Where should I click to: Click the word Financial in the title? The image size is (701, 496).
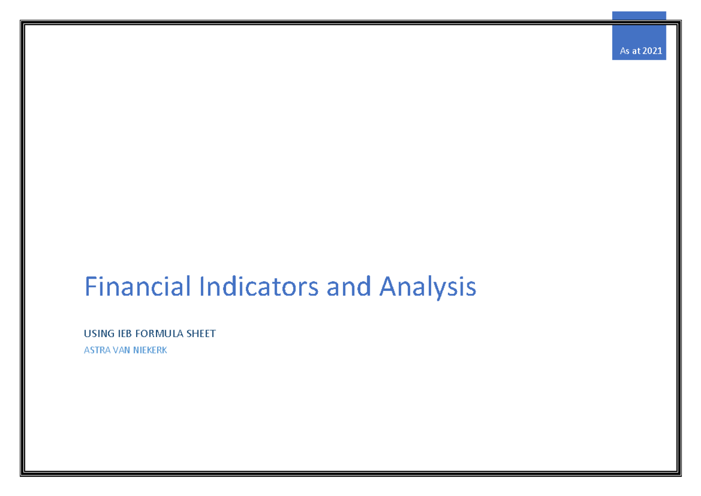138,287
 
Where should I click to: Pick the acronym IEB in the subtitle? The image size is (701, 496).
123,334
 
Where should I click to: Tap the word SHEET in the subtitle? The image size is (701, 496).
201,334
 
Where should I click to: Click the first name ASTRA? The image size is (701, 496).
97,351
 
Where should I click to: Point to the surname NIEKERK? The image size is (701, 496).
150,351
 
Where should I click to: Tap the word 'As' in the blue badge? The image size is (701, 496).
625,51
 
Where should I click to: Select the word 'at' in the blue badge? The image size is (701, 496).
636,51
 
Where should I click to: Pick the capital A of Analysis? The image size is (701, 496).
387,287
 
